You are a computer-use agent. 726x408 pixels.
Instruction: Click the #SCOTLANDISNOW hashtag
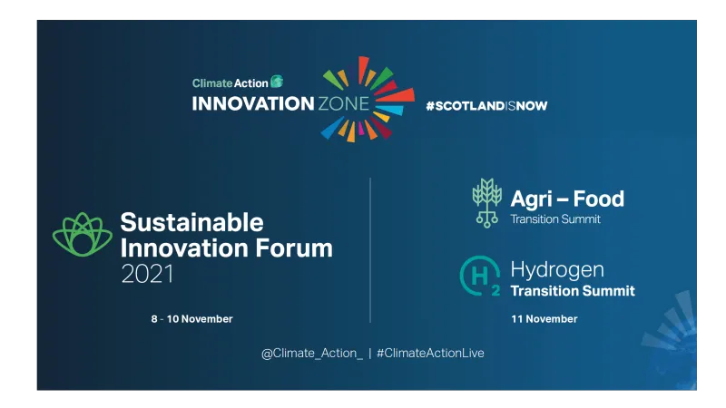[486, 105]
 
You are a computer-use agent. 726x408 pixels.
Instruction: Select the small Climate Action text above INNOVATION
[231, 83]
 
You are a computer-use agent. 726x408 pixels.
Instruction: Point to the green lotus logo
[83, 237]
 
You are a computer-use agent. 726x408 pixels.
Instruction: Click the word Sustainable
[191, 223]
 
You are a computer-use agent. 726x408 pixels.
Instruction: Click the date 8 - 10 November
[191, 319]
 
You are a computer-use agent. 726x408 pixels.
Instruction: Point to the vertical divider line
[370, 249]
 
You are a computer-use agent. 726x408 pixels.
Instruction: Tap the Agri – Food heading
[567, 199]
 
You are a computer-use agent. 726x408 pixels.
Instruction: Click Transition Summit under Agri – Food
[555, 219]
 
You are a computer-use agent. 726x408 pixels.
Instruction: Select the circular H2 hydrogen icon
[479, 277]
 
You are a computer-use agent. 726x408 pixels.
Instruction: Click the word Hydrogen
[557, 269]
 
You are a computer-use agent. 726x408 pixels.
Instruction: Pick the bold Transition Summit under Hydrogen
[573, 291]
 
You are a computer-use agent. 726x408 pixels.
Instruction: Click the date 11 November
[544, 319]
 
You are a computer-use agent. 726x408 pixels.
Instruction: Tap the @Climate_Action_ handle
[311, 353]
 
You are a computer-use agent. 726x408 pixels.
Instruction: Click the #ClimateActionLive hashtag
[430, 353]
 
